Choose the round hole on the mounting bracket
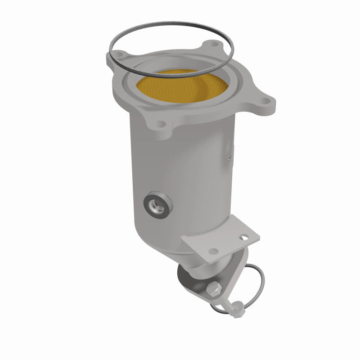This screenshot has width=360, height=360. coord(215,250)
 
